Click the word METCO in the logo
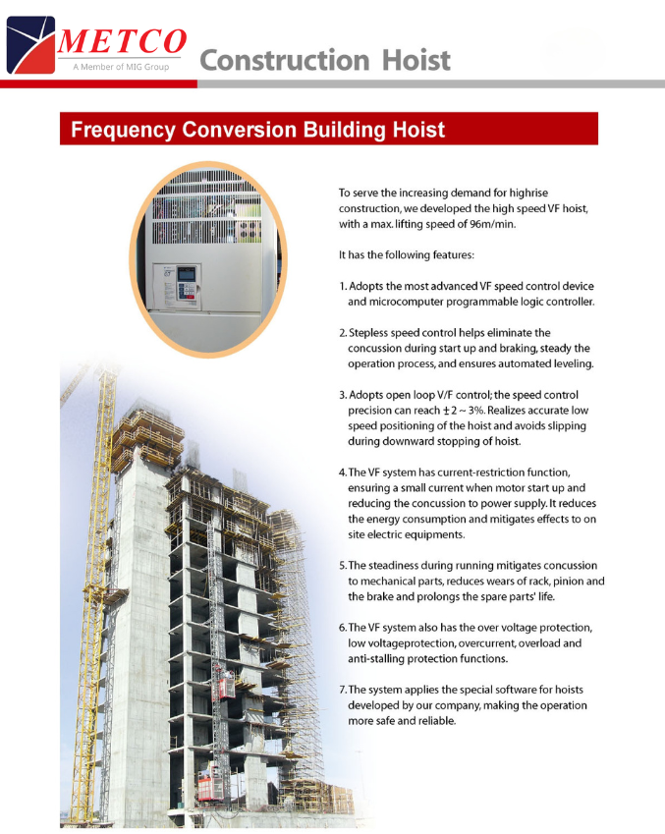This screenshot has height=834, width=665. (x=122, y=42)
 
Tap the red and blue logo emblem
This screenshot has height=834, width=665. (x=30, y=44)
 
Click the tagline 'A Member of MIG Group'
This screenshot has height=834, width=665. (x=121, y=67)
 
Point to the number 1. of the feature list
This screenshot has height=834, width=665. (x=343, y=286)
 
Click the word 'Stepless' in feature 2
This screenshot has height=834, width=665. (x=373, y=333)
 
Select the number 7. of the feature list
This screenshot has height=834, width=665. (x=343, y=690)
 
